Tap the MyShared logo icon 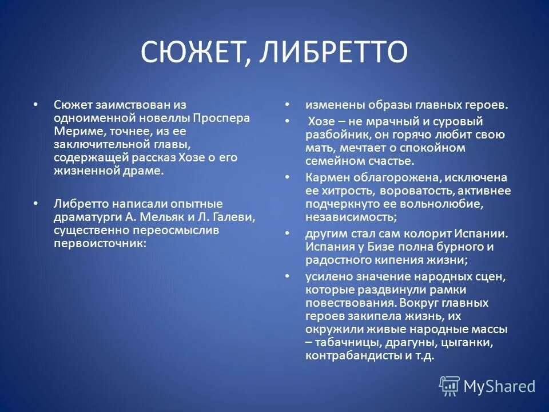click(449, 386)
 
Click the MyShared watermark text click(499, 386)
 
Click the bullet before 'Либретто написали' click(35, 203)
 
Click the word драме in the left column click(147, 170)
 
